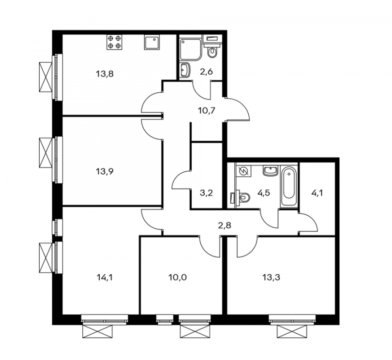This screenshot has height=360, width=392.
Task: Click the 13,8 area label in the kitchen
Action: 105,74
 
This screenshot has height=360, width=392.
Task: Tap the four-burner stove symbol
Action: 115,42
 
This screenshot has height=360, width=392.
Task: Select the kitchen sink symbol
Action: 152,42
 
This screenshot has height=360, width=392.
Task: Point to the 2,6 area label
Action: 206,72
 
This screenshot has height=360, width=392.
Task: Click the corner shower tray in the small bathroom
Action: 190,50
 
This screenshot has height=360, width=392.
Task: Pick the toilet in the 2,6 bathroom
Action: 213,50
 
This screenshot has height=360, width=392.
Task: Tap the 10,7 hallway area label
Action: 207,111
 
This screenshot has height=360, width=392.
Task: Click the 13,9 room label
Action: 105,172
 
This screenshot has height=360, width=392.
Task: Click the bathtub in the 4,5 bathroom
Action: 289,186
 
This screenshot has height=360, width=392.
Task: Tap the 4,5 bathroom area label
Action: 264,193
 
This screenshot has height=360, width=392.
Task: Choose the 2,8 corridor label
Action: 224,225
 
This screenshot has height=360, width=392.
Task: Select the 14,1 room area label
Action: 105,277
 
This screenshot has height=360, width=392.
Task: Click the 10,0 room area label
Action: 178,277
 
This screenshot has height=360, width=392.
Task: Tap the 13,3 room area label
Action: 271,277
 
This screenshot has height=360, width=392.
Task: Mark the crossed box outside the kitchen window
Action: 45,77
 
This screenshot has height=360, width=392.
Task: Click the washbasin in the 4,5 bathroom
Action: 270,171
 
